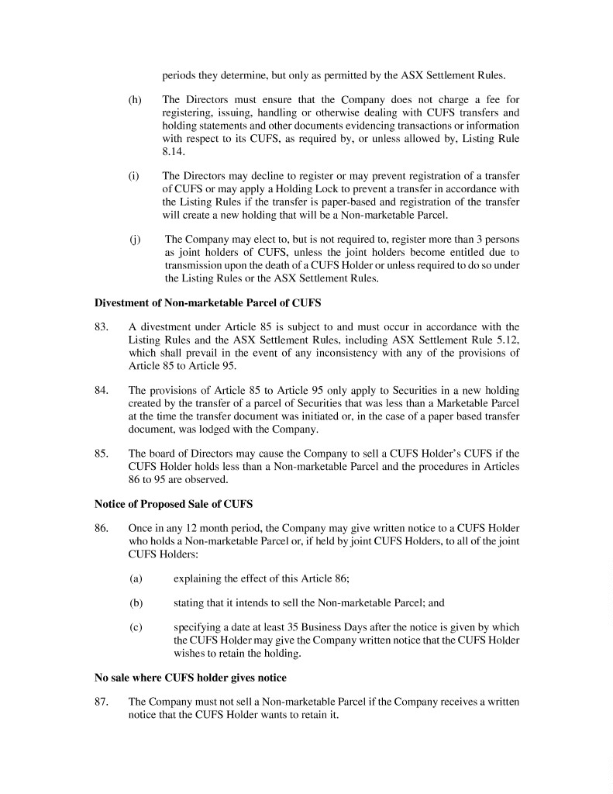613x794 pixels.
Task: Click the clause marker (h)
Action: coord(136,101)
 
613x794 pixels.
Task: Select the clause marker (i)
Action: coord(134,176)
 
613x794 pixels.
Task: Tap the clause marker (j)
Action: coord(134,239)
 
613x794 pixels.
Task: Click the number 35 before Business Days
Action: coord(294,627)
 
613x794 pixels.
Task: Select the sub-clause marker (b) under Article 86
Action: coord(136,602)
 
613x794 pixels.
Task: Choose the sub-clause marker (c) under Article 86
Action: coord(136,627)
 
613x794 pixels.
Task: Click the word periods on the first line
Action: coord(178,75)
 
